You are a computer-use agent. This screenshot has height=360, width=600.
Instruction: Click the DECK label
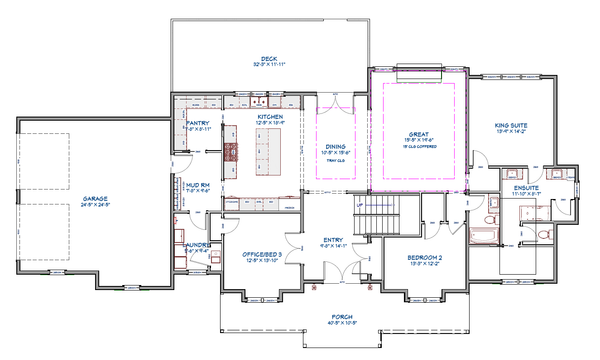point(268,59)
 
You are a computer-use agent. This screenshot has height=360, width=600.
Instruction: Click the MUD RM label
point(197,184)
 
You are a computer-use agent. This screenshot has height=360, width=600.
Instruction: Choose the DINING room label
point(335,146)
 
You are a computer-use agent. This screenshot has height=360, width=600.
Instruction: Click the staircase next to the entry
point(380,213)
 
